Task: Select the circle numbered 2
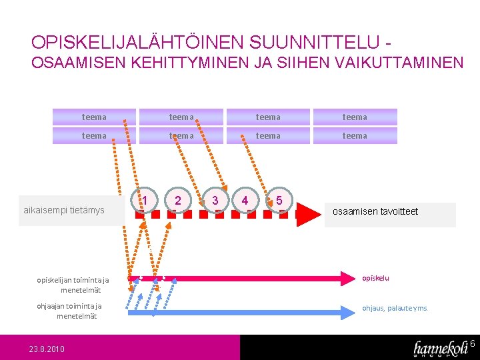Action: click(x=177, y=200)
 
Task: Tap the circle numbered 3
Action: click(x=215, y=200)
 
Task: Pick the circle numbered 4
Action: click(x=245, y=200)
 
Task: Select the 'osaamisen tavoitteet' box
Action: click(x=389, y=212)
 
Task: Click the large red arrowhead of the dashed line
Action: click(x=308, y=214)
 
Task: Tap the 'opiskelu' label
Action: click(x=375, y=278)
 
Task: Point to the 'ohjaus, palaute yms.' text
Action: click(x=395, y=308)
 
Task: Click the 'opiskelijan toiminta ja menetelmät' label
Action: click(x=73, y=285)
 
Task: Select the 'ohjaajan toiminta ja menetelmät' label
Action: click(x=69, y=311)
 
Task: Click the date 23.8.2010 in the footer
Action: click(x=47, y=349)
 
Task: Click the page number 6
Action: click(x=472, y=344)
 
